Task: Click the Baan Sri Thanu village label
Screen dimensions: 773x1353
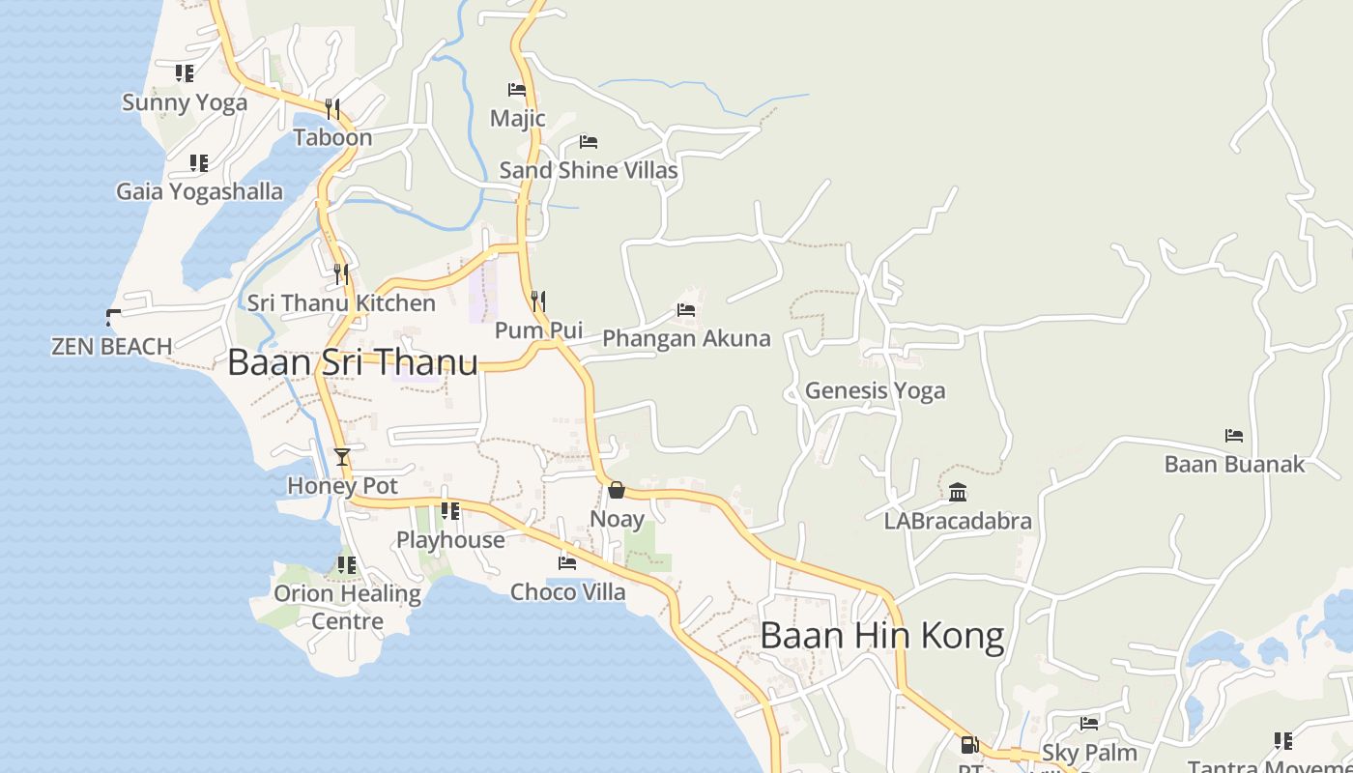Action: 353,362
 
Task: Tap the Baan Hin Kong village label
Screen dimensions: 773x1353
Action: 881,636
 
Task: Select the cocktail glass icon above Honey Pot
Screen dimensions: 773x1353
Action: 341,456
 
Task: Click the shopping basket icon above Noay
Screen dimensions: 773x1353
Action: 617,490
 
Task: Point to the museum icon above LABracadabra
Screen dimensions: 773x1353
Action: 958,493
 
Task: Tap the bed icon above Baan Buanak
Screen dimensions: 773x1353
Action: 1234,436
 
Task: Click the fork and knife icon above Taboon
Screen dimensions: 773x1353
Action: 332,108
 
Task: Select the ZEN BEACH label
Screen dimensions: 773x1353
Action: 112,346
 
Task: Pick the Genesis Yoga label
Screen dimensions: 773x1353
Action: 875,390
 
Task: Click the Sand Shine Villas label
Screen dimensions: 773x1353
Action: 589,170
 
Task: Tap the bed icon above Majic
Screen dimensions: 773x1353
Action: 517,90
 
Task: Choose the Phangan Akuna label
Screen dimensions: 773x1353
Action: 686,338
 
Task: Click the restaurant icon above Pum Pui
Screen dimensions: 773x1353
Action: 538,301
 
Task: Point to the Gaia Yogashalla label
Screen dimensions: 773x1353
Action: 199,191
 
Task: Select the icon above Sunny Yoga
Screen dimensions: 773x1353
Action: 185,73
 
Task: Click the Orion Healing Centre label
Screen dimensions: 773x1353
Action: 347,607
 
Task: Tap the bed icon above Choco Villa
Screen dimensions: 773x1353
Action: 567,562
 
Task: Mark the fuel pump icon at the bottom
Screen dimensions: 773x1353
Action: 969,744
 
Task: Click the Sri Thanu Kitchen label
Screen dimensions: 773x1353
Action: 341,302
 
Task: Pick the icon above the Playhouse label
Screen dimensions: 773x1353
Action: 450,510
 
